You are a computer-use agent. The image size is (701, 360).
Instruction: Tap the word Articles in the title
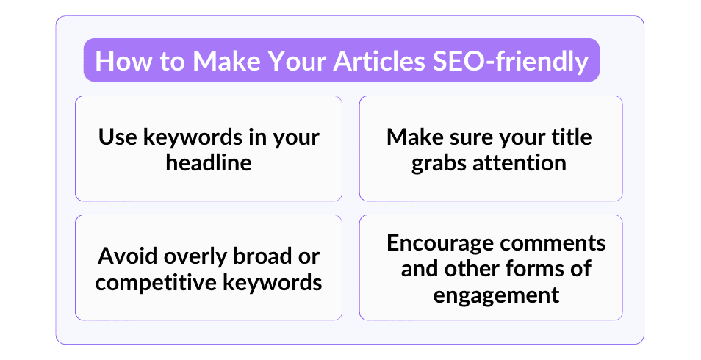coord(379,60)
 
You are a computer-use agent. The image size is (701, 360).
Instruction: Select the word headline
coord(209,162)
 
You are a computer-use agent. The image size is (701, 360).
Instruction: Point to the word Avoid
coord(127,256)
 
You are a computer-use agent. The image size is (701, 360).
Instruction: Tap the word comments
coord(553,244)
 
